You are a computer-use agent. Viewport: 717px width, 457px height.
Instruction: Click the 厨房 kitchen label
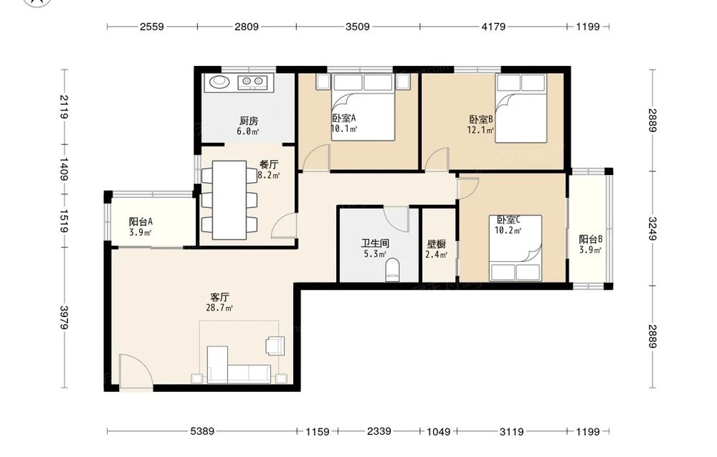[x=249, y=121]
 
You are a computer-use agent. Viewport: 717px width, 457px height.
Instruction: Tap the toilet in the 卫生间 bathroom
[x=392, y=270]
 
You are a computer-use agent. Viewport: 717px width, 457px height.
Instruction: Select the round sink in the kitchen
[x=221, y=82]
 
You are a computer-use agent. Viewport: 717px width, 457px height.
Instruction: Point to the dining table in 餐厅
[x=229, y=199]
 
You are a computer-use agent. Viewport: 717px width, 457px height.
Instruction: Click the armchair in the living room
[x=275, y=345]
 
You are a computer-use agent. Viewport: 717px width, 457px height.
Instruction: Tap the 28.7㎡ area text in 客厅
[x=219, y=308]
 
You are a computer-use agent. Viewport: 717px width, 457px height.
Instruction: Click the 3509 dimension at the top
[x=358, y=27]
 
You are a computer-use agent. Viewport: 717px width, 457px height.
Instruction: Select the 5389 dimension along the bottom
[x=202, y=431]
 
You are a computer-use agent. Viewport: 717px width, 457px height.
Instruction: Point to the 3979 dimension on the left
[x=64, y=318]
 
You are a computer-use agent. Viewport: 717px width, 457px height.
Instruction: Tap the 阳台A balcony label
[x=141, y=222]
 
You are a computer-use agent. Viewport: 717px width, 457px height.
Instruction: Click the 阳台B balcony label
[x=590, y=239]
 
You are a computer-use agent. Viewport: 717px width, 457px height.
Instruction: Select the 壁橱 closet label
[x=436, y=244]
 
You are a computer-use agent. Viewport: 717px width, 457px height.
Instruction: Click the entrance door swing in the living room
[x=136, y=372]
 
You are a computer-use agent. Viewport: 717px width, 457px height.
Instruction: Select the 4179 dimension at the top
[x=493, y=27]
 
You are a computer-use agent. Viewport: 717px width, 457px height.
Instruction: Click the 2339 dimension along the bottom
[x=379, y=431]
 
